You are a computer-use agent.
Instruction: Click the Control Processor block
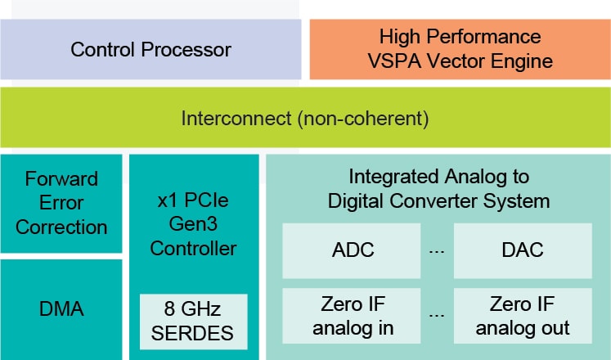[151, 49]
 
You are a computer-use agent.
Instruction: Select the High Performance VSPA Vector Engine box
[460, 49]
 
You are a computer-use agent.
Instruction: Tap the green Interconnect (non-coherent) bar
[305, 118]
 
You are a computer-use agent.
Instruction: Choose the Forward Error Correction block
[61, 203]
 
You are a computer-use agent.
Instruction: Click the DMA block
[61, 309]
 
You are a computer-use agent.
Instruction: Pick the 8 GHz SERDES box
[194, 321]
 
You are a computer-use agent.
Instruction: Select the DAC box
[523, 250]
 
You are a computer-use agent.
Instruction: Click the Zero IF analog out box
[523, 317]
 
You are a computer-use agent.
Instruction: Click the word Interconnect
[234, 119]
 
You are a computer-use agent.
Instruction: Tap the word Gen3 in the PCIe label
[194, 223]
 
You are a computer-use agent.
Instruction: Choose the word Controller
[194, 247]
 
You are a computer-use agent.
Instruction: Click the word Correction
[61, 227]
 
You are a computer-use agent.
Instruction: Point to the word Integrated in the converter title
[389, 177]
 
